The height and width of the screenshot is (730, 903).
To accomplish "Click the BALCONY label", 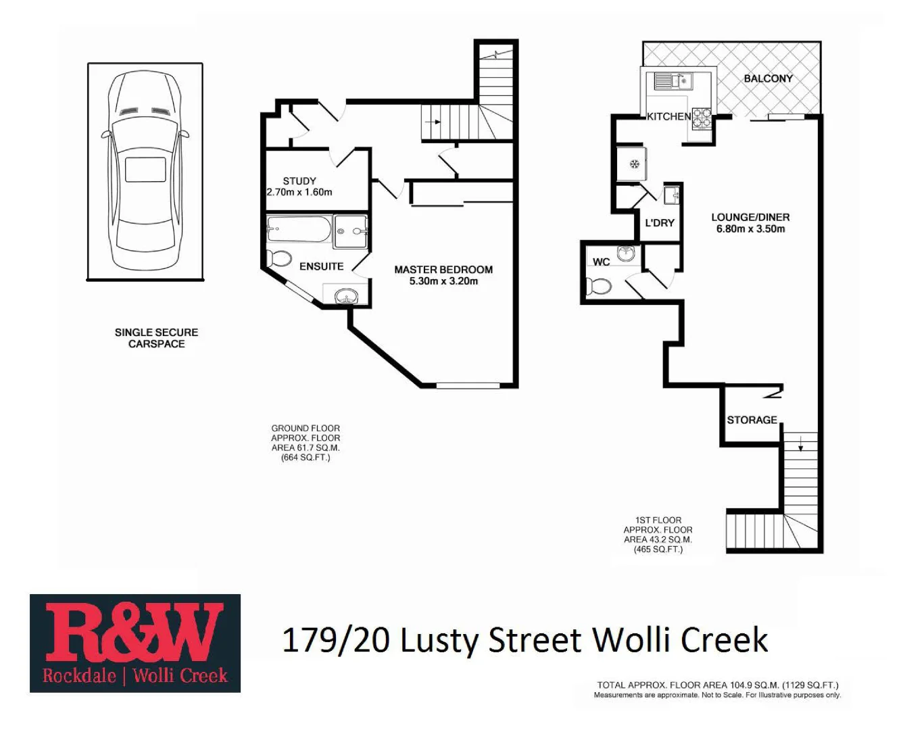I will (768, 78).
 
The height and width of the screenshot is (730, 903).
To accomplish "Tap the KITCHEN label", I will (668, 116).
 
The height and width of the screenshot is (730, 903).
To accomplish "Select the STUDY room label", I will (299, 180).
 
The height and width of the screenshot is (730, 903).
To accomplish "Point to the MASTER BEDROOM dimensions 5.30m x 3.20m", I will (443, 281).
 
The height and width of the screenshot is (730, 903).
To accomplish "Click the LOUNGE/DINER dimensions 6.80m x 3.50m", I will (750, 229).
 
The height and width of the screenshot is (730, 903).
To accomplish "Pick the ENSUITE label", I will (321, 266).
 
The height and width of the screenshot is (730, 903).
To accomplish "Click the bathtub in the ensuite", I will (298, 228).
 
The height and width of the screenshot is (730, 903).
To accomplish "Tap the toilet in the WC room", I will (599, 287).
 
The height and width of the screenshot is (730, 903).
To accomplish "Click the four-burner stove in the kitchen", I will (701, 118).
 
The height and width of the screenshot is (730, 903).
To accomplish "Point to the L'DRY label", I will (659, 222).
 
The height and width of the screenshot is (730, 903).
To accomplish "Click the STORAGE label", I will (752, 420).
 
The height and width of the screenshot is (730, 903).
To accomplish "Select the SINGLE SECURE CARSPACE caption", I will (156, 338).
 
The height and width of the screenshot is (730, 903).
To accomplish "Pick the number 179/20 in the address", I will (335, 640).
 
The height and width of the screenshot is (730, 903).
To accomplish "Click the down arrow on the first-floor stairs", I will (800, 444).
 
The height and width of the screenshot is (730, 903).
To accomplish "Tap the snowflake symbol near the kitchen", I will (634, 164).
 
